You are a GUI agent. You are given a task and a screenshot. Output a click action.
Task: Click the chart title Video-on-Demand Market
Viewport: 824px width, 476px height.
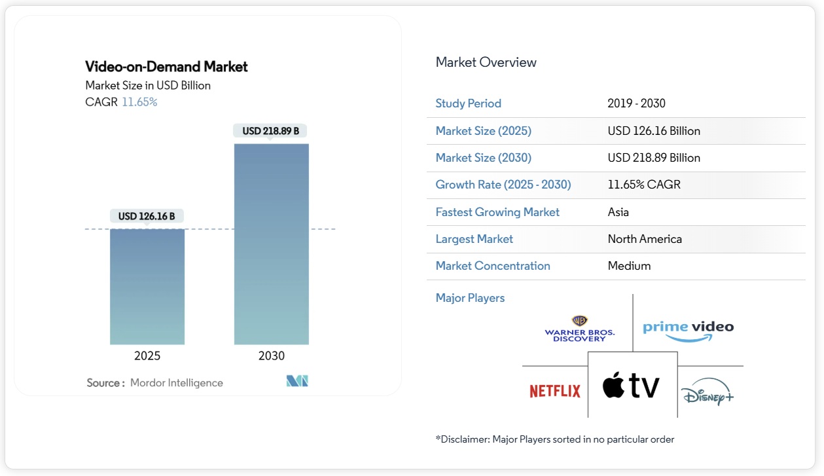166,67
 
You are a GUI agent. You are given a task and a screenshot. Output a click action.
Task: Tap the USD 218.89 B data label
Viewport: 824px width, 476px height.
270,131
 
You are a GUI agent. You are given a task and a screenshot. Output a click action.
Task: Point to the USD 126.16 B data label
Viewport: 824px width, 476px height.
147,216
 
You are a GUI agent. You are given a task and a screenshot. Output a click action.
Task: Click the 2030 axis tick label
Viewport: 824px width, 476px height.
271,356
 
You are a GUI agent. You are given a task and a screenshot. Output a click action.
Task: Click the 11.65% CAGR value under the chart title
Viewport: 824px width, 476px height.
139,102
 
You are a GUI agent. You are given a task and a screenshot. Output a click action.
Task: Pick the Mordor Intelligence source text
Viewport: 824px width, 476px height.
176,383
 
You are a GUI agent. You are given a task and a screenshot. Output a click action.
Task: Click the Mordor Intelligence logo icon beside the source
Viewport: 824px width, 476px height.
297,381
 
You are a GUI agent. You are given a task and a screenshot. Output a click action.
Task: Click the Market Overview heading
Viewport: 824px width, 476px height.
486,63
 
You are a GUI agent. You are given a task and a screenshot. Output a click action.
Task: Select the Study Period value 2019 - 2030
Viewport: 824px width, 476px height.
636,103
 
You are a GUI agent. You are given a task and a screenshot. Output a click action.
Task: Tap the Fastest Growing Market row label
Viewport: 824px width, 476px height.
497,212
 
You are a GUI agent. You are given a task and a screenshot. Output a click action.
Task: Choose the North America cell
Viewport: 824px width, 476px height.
645,239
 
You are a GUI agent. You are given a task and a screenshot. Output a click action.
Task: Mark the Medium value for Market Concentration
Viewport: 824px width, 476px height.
629,266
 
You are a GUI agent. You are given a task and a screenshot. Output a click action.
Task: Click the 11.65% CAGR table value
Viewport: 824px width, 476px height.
644,185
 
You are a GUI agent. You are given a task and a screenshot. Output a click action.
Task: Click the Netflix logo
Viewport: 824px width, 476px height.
555,392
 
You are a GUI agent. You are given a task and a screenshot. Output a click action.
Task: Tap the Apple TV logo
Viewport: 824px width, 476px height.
632,386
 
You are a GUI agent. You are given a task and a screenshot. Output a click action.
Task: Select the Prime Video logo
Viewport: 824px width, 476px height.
688,329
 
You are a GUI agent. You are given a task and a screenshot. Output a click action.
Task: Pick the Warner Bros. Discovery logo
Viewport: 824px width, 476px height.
579,329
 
